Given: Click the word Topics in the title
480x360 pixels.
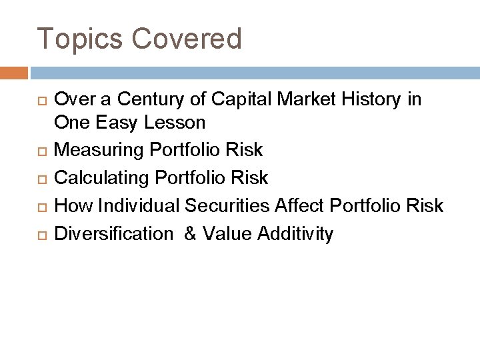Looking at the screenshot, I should coord(80,39).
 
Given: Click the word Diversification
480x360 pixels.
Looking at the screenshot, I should coord(113,233).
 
